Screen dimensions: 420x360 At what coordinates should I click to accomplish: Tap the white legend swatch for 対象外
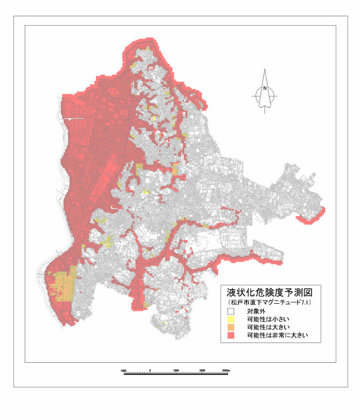230,311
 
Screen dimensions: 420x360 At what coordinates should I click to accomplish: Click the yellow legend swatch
230,319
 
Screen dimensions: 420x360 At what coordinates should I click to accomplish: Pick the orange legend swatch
230,327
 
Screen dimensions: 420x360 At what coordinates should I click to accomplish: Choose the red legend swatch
230,335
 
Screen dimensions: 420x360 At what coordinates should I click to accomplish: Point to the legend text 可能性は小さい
267,319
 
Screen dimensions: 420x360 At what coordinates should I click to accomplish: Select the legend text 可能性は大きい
267,327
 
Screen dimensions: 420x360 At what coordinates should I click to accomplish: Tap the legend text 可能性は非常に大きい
275,335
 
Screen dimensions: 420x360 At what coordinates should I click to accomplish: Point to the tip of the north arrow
265,70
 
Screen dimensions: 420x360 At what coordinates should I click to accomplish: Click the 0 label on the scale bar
151,371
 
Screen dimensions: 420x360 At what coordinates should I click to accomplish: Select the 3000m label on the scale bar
226,371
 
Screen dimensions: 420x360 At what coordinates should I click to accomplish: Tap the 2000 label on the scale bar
202,371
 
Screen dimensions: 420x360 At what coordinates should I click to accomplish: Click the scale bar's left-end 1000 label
124,371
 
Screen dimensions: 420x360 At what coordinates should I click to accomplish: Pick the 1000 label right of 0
176,371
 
